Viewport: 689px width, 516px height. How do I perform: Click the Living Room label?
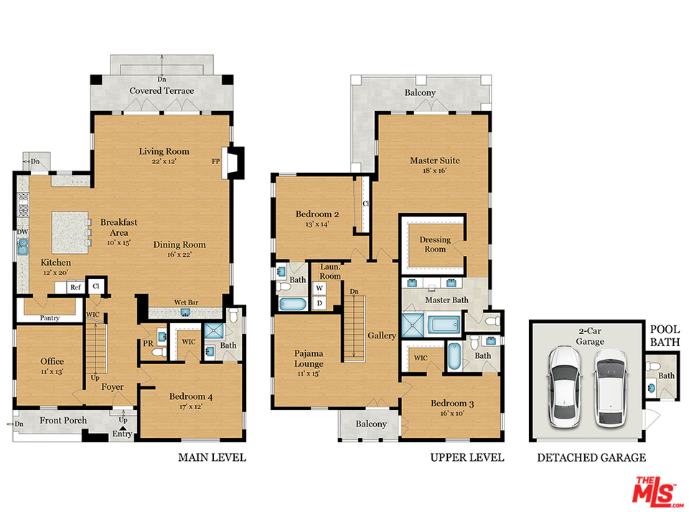164,151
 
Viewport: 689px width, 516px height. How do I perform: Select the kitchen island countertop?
67,231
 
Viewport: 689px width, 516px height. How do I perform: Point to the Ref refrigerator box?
75,287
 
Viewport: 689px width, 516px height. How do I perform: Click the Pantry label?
50,317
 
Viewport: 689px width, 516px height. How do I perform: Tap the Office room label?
52,361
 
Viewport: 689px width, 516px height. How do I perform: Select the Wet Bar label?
187,302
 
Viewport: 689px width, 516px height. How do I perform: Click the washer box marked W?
319,288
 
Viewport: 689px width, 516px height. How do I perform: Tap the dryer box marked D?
319,303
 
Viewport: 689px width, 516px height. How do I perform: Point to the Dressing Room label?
434,244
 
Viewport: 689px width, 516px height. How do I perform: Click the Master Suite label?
434,161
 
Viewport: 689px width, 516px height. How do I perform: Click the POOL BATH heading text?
665,336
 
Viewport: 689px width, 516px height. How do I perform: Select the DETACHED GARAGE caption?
591,457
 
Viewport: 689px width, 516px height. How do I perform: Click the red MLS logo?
654,492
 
